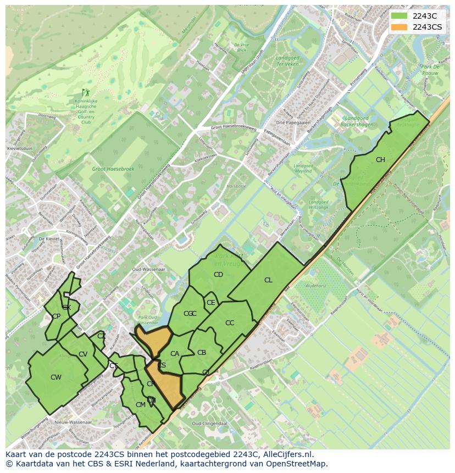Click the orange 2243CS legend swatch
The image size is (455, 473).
399,27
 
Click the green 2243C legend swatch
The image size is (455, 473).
399,16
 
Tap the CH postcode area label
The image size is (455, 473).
380,160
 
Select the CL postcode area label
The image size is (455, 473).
268,280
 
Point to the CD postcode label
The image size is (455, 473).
218,275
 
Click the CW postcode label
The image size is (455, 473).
56,377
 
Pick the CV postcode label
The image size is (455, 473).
83,354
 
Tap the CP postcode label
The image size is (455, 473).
56,316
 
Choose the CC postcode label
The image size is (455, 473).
230,323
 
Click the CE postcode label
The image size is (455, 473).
210,303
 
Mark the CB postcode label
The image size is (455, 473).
202,353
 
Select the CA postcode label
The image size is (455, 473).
175,354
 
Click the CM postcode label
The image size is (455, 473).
141,405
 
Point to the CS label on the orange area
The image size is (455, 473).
162,365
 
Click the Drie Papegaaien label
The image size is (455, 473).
293,123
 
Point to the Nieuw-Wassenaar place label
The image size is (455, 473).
73,422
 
